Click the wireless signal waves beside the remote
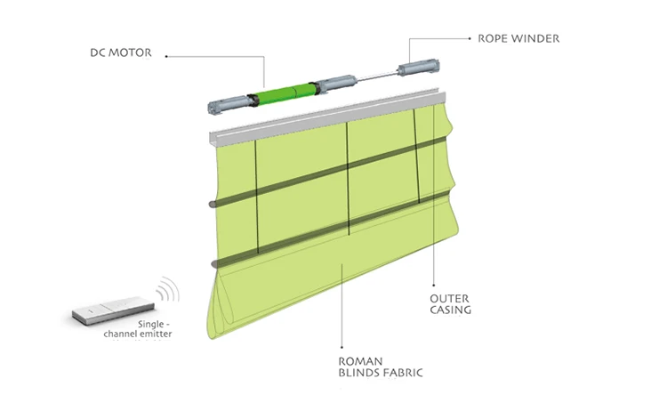(x=165, y=293)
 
